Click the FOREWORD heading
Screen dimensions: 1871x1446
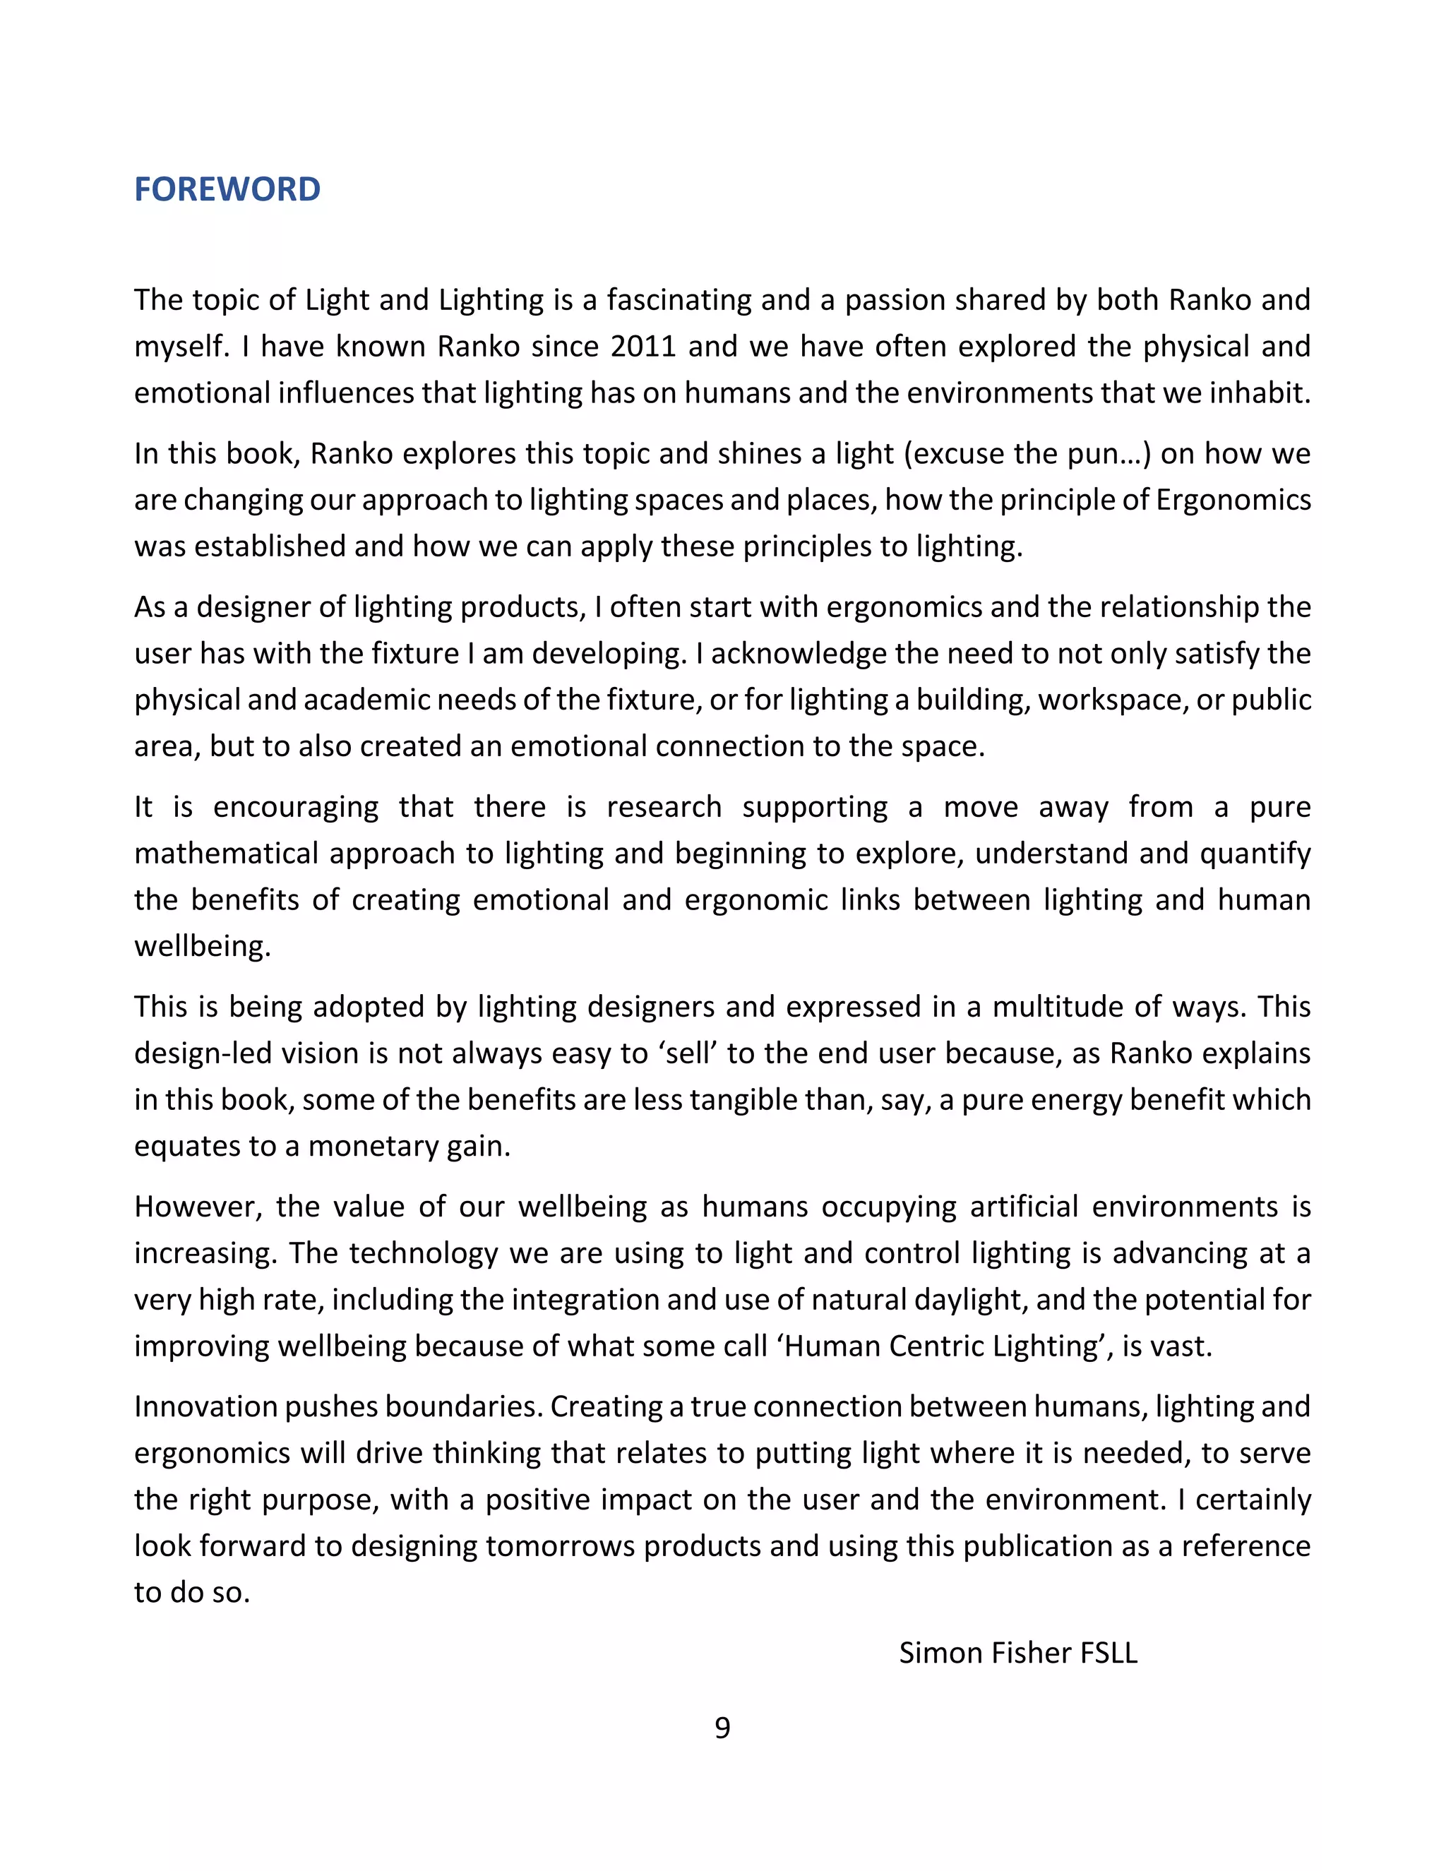[x=227, y=189]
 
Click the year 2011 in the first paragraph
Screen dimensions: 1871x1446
[x=643, y=346]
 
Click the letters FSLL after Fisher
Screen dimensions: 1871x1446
[x=1109, y=1653]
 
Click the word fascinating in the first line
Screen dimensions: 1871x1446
[x=676, y=300]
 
